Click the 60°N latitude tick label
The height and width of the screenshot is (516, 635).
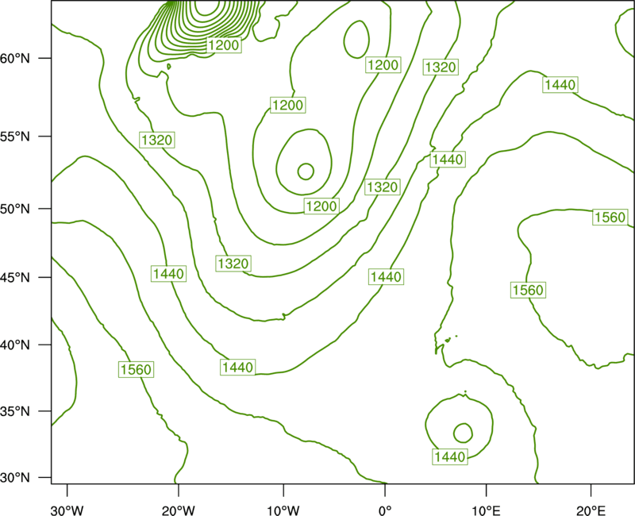pos(15,58)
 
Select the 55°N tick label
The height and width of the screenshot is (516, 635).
pos(15,137)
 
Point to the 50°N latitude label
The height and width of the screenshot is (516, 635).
pos(15,209)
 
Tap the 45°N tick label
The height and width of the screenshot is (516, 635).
pos(15,277)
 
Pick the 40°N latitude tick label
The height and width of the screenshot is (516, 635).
pos(15,345)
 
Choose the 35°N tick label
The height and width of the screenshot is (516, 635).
pos(15,411)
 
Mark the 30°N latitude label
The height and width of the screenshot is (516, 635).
pos(15,478)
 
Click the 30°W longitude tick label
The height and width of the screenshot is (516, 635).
pos(67,510)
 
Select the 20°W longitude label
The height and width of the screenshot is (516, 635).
pos(178,510)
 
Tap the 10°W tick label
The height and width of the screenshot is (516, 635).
pos(283,510)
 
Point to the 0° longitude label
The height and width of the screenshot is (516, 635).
pos(385,510)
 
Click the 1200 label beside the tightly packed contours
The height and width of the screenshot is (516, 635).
pos(224,45)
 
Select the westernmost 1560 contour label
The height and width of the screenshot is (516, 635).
pos(136,369)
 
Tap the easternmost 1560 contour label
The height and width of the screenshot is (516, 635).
pos(610,218)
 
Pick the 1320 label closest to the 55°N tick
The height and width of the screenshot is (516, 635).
pos(157,141)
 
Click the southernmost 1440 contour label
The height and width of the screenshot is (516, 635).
pos(450,457)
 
